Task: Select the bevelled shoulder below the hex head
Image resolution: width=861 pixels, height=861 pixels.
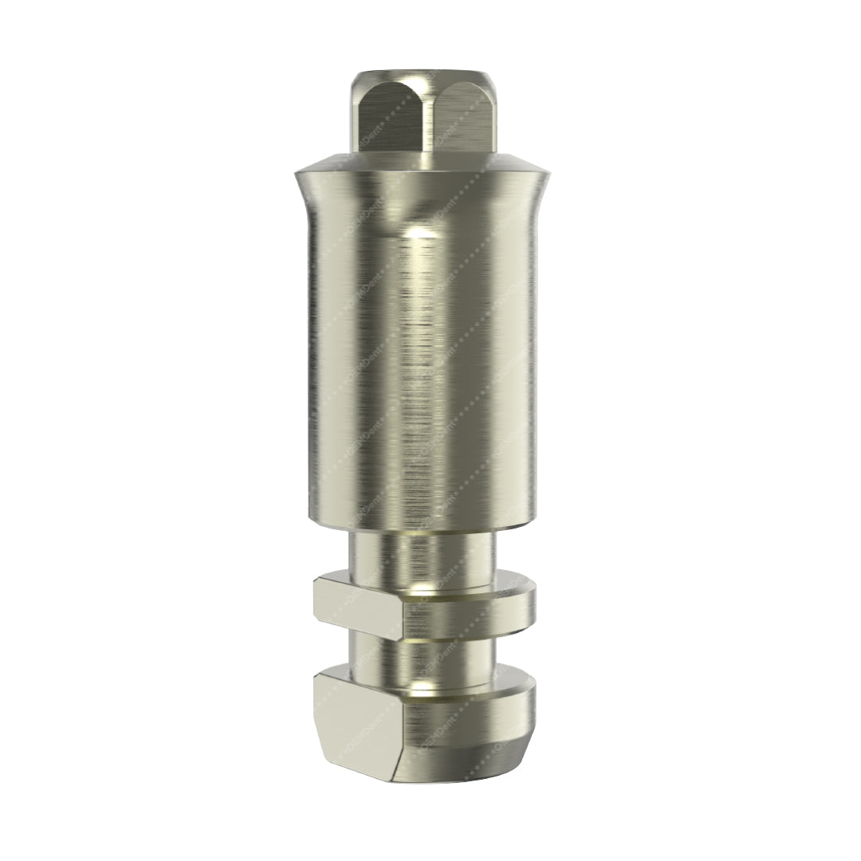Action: click(423, 163)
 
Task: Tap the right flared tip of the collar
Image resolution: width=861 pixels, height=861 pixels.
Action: click(548, 176)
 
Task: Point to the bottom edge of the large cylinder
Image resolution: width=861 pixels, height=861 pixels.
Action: click(423, 528)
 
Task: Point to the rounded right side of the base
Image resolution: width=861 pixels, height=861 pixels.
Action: click(522, 717)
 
